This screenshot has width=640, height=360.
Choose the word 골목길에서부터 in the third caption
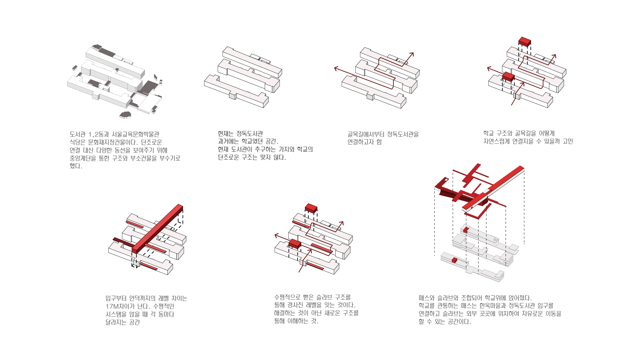coord(366,134)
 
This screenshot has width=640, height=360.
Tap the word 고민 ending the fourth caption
coord(568,141)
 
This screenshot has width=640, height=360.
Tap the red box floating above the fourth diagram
coord(525,42)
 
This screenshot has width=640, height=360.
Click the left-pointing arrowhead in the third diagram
coord(336,69)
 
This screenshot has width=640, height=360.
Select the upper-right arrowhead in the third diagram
coord(412,54)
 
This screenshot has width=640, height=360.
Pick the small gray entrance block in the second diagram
coord(233,96)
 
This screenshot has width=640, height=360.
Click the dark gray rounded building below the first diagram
coord(125,115)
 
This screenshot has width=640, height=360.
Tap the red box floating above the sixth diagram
coord(311,208)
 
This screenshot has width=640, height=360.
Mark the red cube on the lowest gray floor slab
coord(454,260)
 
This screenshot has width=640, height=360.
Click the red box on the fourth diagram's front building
coord(509,77)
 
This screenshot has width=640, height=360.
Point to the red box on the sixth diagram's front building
coord(295,244)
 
